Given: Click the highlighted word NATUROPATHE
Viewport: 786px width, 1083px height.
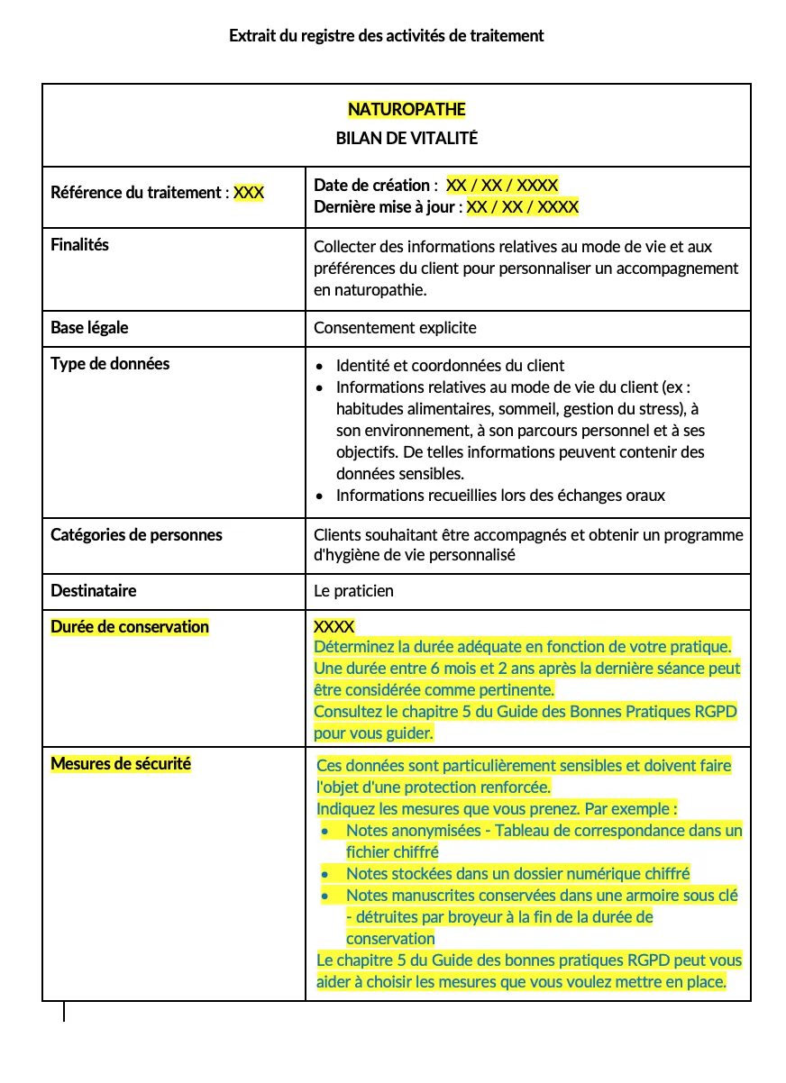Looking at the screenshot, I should (x=407, y=110).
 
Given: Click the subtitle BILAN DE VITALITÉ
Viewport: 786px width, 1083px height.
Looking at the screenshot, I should (x=407, y=139).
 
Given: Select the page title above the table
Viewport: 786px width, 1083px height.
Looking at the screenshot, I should (x=387, y=36).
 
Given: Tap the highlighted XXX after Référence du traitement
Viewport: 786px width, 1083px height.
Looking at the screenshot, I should (x=249, y=192).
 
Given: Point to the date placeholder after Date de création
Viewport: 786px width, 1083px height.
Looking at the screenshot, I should (x=502, y=186).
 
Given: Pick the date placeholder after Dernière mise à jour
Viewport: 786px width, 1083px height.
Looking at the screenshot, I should (x=522, y=207).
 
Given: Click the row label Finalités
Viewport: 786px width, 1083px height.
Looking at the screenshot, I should (x=79, y=245).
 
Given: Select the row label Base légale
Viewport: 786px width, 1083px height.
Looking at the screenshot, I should (x=89, y=328).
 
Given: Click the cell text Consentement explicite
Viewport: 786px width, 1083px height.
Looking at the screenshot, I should (x=395, y=328).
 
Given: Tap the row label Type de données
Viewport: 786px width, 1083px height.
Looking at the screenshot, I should (x=110, y=364).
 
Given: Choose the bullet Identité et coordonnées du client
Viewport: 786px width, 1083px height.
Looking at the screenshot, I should (x=450, y=366).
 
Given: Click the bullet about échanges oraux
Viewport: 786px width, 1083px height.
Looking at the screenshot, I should (x=500, y=496).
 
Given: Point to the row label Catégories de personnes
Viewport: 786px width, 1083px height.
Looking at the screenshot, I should (x=136, y=535).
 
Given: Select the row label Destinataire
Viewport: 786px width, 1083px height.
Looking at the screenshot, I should (x=94, y=591).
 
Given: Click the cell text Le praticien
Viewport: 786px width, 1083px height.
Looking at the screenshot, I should (x=353, y=591).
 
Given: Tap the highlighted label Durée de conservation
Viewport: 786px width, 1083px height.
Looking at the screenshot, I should (x=130, y=627).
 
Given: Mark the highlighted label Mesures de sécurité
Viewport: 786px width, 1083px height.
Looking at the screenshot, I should (x=121, y=764).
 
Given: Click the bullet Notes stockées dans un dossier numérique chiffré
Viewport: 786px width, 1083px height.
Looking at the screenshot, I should (x=517, y=874).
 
